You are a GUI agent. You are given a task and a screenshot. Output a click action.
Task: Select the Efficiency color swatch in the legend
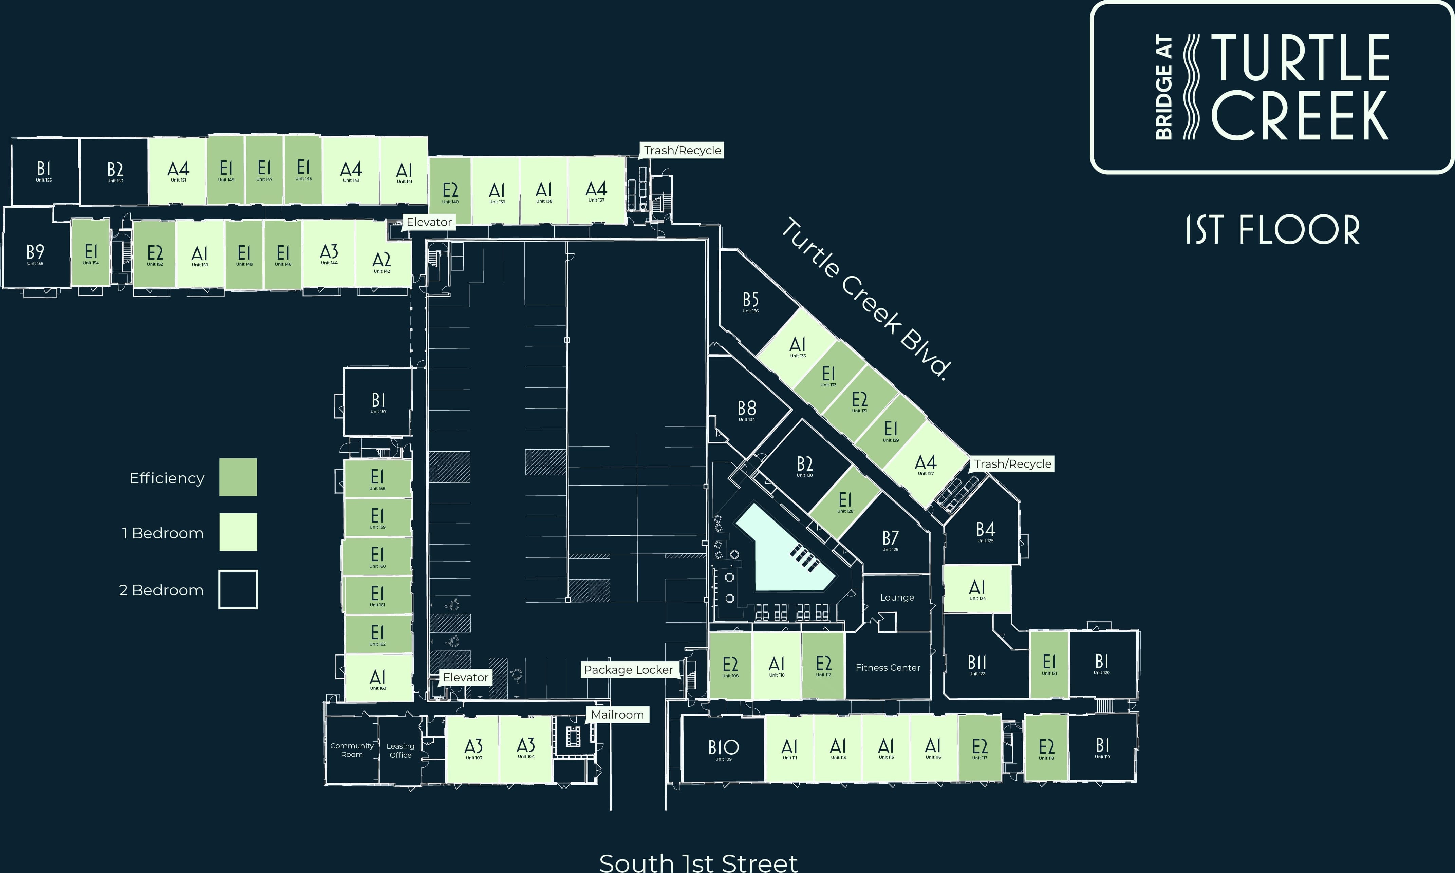click(238, 477)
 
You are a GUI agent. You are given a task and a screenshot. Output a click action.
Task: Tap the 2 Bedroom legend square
click(238, 589)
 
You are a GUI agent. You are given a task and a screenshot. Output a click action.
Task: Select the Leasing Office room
click(400, 751)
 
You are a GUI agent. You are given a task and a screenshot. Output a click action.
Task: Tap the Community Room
click(352, 750)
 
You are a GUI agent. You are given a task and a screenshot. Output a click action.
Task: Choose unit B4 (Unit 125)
click(985, 532)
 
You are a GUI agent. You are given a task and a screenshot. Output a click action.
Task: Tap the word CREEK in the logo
click(1299, 116)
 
